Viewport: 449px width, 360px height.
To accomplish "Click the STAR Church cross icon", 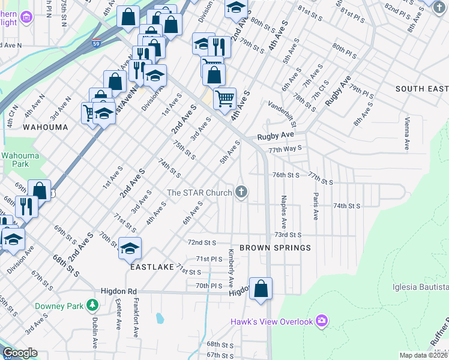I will [241, 193].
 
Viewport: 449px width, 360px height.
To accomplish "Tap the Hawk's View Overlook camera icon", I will [322, 322].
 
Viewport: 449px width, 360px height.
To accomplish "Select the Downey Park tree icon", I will [92, 306].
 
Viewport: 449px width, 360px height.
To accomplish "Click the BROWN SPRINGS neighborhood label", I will [275, 248].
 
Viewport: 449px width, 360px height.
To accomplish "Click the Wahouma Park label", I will [14, 159].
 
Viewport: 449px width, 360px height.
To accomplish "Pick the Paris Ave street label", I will [315, 206].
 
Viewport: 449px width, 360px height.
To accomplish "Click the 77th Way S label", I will [285, 149].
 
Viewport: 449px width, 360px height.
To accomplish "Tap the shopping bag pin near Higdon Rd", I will [261, 289].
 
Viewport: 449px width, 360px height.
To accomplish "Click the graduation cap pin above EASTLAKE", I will [130, 248].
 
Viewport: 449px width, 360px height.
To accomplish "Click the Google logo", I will [20, 353].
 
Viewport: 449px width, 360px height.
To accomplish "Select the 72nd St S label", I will [202, 243].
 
